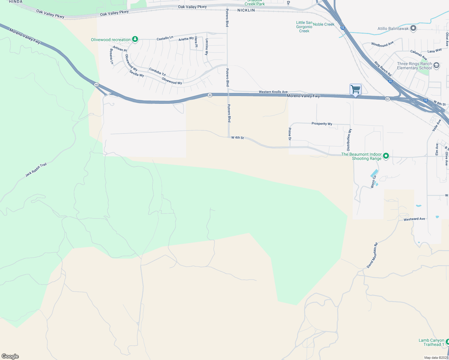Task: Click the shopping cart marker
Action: point(355,89)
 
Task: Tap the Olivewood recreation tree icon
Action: point(135,39)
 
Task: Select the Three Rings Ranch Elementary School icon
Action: point(436,65)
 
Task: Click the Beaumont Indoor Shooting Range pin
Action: point(386,156)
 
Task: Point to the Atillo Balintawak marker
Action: point(413,28)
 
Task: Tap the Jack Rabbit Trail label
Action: point(36,170)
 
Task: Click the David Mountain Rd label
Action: point(372,255)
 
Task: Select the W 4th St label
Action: point(237,138)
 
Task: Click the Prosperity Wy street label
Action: point(322,124)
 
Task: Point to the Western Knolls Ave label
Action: point(273,92)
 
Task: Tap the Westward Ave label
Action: point(414,219)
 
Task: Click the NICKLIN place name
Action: point(246,10)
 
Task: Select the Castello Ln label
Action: point(165,38)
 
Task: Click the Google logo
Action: point(10,356)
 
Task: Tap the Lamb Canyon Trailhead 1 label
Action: point(431,342)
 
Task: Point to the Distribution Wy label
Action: point(349,140)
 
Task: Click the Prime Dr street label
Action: point(290,134)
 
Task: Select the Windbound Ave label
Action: point(382,44)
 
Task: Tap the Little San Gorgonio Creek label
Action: point(304,27)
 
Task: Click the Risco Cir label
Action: point(373,181)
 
